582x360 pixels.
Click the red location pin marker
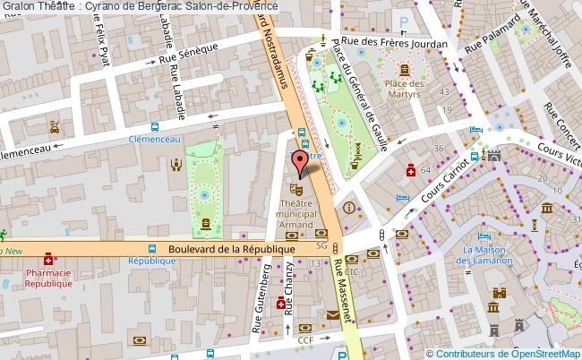pyautogui.click(x=303, y=162)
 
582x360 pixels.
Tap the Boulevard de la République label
pyautogui.click(x=232, y=249)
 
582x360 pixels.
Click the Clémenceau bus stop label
pyautogui.click(x=155, y=140)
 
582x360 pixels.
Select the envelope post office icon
pyautogui.click(x=333, y=314)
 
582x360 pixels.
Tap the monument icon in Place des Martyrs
pyautogui.click(x=406, y=68)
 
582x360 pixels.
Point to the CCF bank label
pyautogui.click(x=305, y=339)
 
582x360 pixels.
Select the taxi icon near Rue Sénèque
pyautogui.click(x=56, y=127)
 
